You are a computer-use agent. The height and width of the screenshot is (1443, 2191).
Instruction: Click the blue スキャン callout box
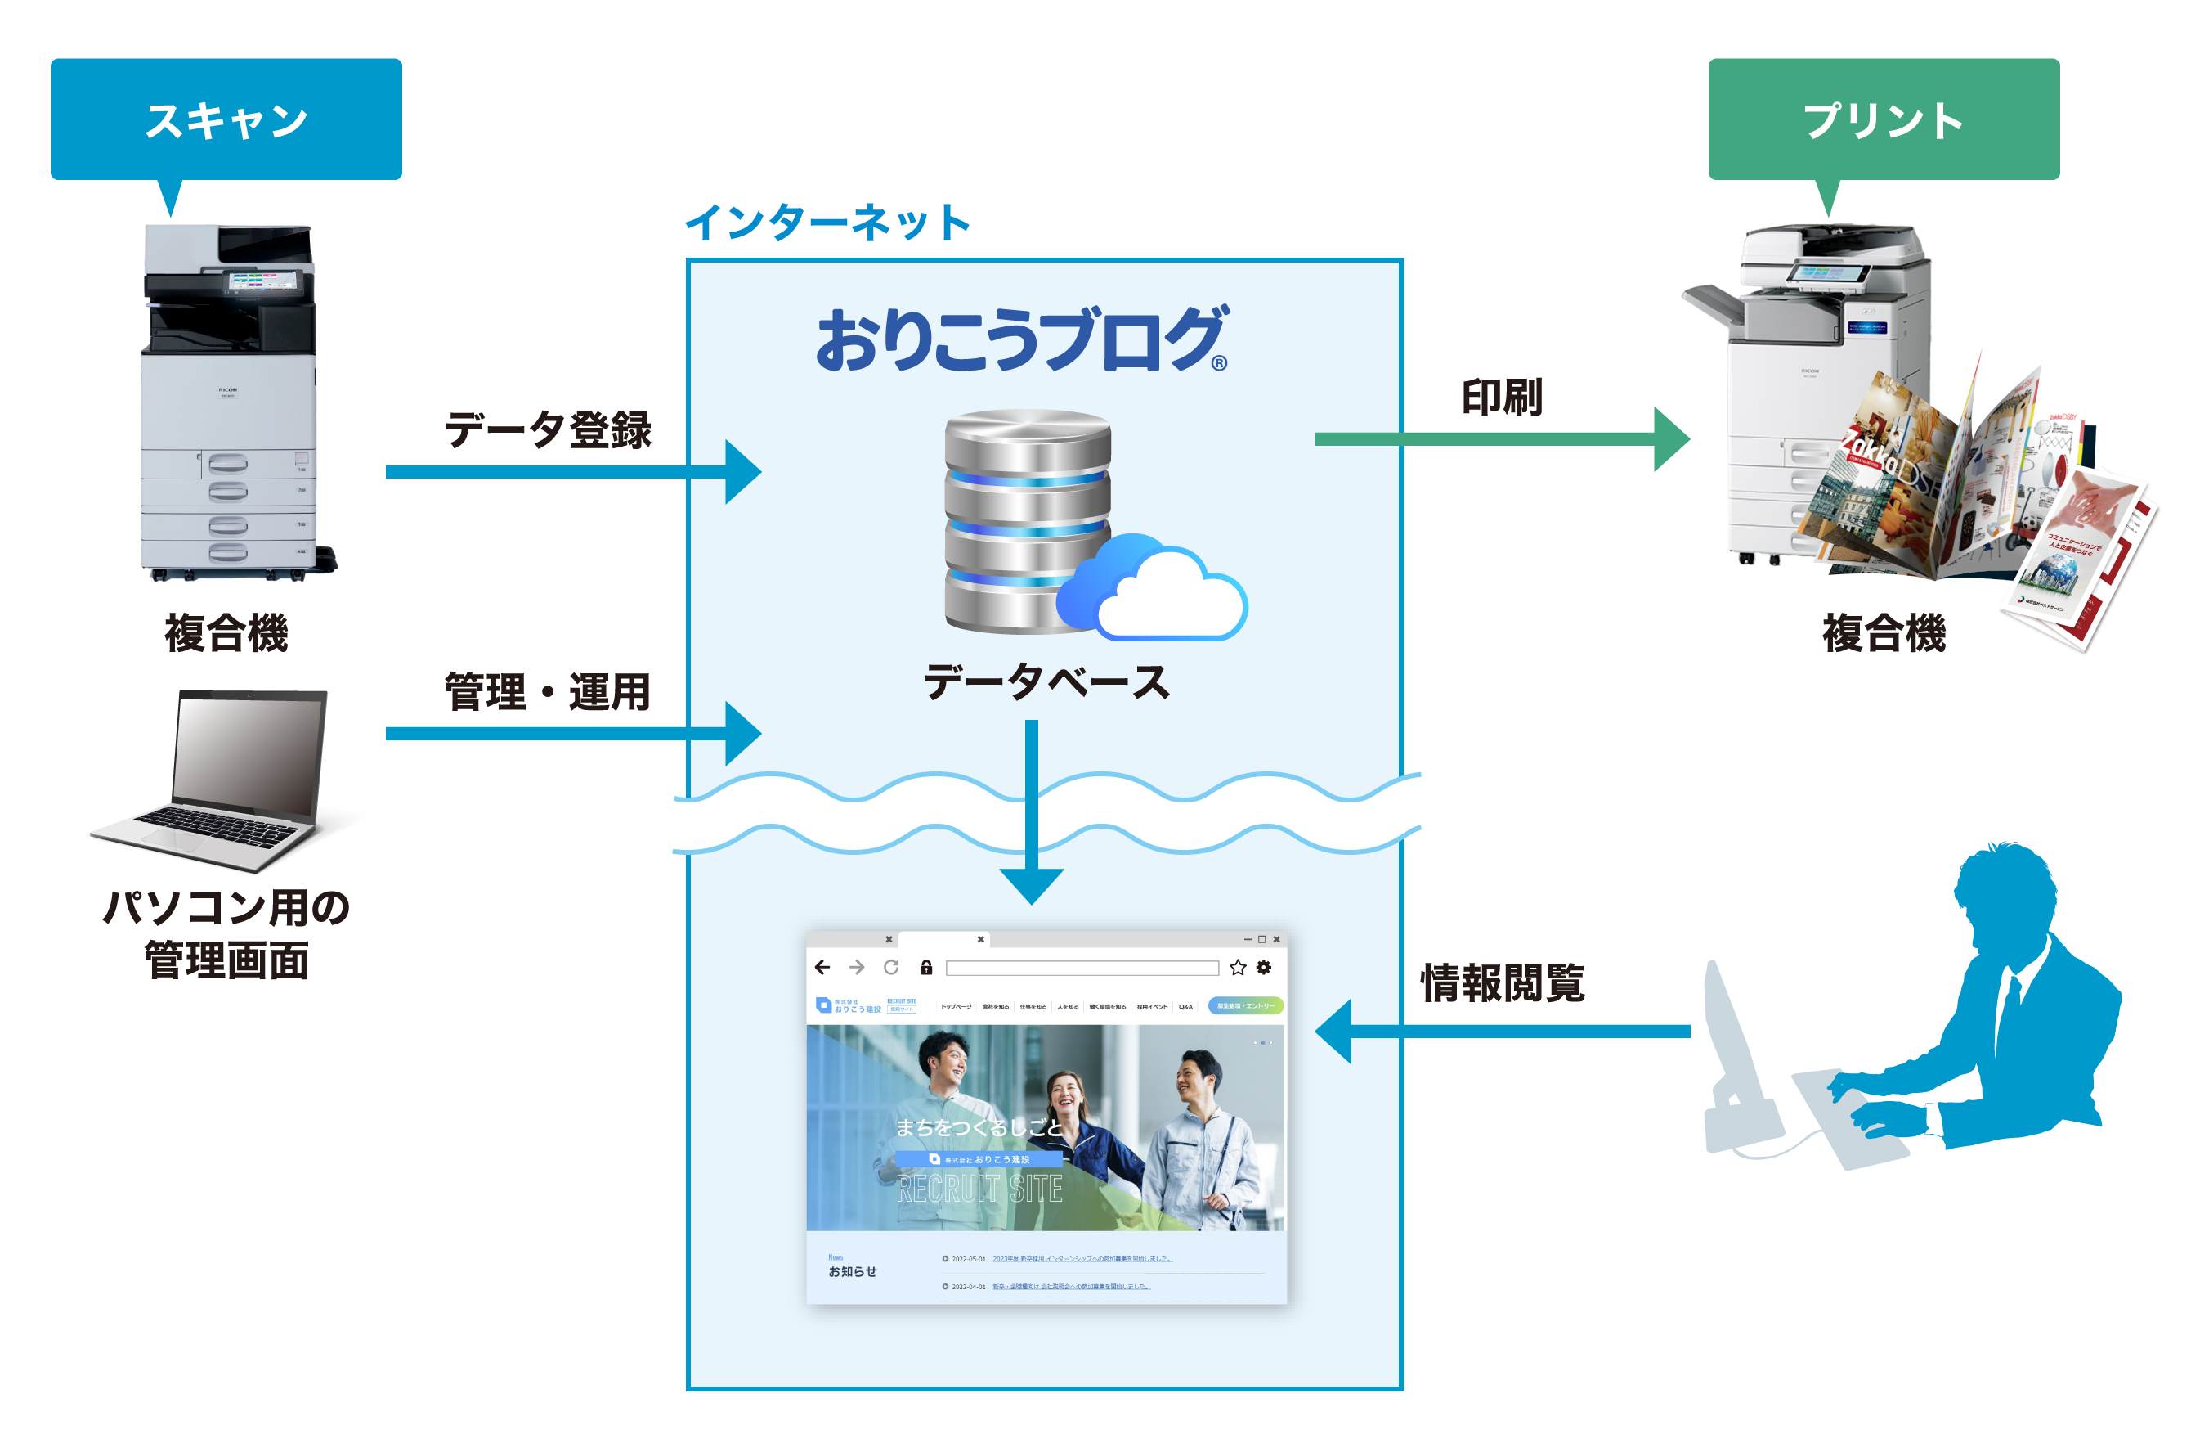pos(226,119)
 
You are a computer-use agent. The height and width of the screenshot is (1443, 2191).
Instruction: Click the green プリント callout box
pos(1883,119)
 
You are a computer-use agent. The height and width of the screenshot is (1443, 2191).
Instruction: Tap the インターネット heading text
pos(827,223)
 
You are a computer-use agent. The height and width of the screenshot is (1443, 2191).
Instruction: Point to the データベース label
pos(1046,682)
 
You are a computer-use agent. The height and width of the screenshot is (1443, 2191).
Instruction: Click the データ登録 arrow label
pos(548,430)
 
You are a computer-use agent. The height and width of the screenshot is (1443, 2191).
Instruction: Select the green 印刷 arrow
pos(1500,439)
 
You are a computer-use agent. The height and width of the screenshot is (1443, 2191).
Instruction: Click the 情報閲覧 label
pos(1503,982)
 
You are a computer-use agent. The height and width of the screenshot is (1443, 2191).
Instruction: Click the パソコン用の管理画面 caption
pos(226,933)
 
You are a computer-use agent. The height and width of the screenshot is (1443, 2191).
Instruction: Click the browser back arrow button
pos(822,967)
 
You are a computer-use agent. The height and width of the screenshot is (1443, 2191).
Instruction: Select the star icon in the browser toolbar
pos(1237,967)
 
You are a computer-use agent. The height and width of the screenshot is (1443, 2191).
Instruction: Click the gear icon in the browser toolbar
pos(1264,967)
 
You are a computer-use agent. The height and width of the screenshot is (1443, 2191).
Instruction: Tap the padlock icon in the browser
pos(926,967)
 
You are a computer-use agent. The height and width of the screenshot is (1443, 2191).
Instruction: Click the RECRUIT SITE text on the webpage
pos(979,1189)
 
